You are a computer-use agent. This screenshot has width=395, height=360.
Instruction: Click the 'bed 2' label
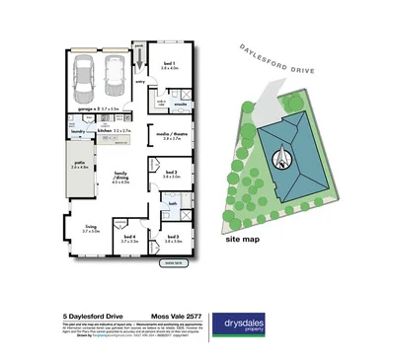pyautogui.click(x=171, y=174)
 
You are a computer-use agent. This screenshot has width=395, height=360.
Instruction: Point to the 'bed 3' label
pyautogui.click(x=172, y=237)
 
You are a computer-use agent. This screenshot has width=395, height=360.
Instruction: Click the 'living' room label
pyautogui.click(x=91, y=229)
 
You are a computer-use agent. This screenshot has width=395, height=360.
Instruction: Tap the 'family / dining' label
pyautogui.click(x=122, y=179)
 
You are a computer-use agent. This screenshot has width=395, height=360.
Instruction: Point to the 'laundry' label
pyautogui.click(x=78, y=129)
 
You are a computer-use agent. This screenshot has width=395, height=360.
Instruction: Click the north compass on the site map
pyautogui.click(x=280, y=155)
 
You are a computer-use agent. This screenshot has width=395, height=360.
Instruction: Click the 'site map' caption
pyautogui.click(x=243, y=239)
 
